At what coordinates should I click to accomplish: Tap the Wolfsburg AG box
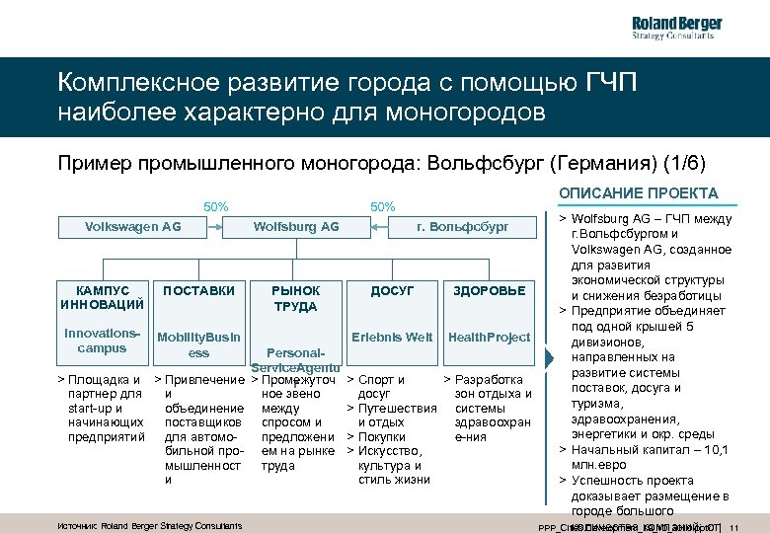click(x=296, y=227)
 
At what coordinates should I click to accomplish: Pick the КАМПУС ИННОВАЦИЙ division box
click(x=102, y=297)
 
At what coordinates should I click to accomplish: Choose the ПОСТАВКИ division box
click(x=198, y=291)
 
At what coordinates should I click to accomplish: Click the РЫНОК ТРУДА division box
click(x=295, y=298)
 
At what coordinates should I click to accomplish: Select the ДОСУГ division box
click(x=392, y=291)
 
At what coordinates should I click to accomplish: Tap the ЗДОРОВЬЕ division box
click(x=489, y=291)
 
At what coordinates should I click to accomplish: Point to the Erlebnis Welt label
click(x=392, y=338)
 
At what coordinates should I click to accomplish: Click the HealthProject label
click(x=489, y=338)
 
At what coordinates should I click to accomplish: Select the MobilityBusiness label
click(x=198, y=344)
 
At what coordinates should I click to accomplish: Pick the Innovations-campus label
click(x=102, y=341)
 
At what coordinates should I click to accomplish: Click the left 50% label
click(x=216, y=207)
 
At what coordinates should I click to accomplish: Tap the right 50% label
click(x=382, y=207)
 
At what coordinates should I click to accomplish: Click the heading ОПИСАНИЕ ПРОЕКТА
click(x=639, y=193)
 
